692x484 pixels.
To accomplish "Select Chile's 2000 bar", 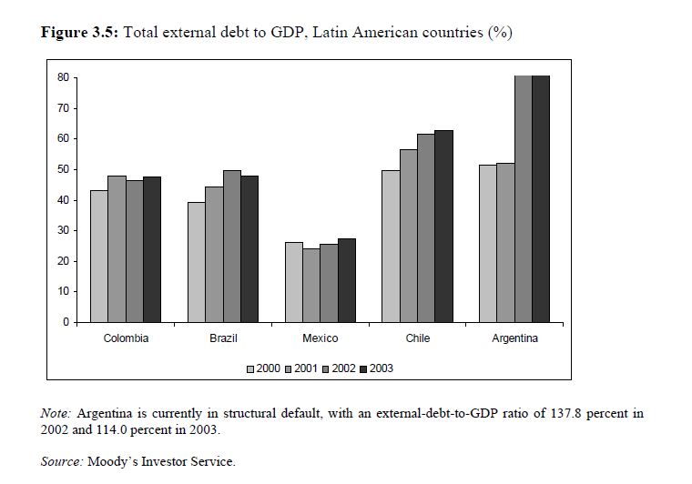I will coord(391,246).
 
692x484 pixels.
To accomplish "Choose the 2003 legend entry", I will coord(375,368).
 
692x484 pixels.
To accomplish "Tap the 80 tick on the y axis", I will coord(63,77).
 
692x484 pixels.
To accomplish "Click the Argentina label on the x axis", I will coord(514,338).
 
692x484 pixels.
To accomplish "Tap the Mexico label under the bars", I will coord(320,338).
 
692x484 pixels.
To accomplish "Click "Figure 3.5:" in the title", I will coord(80,34).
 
